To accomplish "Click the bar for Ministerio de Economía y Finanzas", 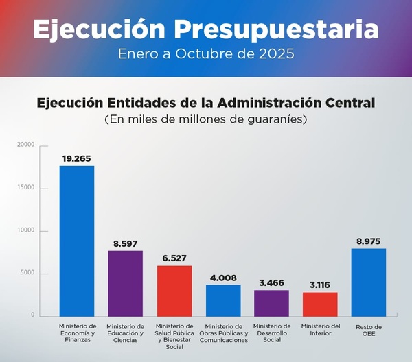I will [77, 241].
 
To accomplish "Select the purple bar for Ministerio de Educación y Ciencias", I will [125, 283].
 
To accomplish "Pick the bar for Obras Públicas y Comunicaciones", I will [223, 300].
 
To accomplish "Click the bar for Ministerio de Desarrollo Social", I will [271, 302].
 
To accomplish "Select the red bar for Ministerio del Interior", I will [320, 304].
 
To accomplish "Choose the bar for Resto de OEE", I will [368, 282].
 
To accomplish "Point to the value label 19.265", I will [77, 158].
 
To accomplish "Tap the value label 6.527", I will [174, 258].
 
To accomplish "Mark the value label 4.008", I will [223, 277].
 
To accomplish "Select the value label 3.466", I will [271, 282].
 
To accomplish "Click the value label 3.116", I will [320, 285].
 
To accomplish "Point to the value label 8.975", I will [368, 241].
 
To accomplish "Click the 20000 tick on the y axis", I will [26, 145].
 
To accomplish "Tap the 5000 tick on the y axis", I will [27, 273].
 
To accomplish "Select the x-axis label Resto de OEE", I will [368, 330].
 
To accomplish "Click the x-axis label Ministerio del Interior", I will [320, 330].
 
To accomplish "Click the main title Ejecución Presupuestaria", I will [206, 29].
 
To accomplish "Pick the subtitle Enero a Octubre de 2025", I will [206, 53].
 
